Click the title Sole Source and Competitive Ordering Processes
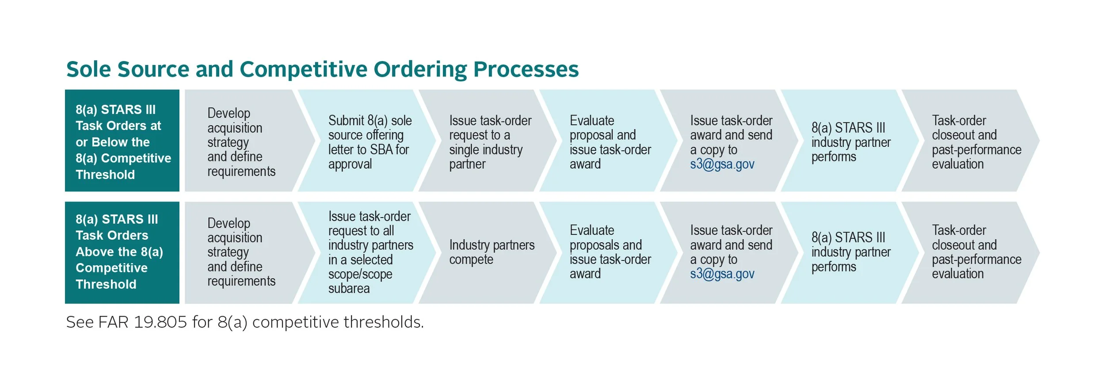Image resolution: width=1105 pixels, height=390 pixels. [322, 69]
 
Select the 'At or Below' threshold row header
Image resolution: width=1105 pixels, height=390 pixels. [122, 141]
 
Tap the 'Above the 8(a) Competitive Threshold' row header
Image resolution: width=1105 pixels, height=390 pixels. [122, 252]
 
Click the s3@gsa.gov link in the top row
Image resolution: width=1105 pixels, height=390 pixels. [722, 164]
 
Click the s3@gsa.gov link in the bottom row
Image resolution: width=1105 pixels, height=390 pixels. [722, 274]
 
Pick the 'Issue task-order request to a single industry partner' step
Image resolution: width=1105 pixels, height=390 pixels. [490, 142]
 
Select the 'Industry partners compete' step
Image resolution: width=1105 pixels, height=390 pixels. [492, 252]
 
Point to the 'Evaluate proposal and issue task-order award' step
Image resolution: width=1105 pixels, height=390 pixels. [610, 142]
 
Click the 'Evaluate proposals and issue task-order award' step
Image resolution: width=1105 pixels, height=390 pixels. [610, 252]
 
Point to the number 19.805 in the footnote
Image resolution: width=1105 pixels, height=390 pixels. [160, 322]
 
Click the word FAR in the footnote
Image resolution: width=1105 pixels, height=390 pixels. [113, 322]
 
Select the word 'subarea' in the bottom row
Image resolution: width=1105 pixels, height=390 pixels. [349, 289]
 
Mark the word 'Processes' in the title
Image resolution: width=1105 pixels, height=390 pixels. [526, 69]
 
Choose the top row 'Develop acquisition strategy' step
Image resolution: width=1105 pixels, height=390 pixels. [241, 142]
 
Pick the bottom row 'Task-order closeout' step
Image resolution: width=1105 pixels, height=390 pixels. [976, 252]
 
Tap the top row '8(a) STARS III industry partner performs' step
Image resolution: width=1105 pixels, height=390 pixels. [850, 142]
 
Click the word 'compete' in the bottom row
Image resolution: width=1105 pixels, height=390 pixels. [471, 260]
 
